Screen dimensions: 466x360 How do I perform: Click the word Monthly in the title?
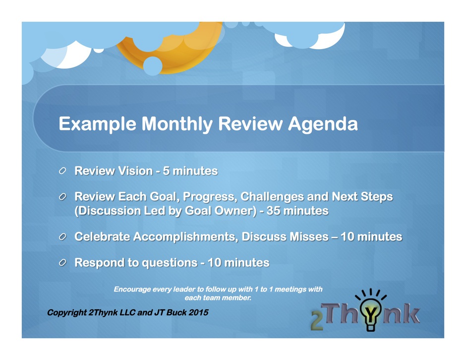coord(177,123)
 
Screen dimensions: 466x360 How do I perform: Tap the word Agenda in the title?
coord(323,124)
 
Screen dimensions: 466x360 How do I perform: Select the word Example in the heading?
coord(98,124)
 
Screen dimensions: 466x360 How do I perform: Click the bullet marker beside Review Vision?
coord(62,171)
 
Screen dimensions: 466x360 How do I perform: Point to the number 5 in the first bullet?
coord(166,171)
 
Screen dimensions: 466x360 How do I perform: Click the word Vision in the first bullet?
coord(135,171)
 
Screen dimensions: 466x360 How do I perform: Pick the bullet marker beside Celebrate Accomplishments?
coord(62,237)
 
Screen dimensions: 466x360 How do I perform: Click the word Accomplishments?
coord(185,237)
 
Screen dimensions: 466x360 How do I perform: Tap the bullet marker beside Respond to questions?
coord(62,262)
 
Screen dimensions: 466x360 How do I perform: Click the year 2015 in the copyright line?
coord(198,312)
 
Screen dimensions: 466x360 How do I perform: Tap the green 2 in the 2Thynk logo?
coord(317,321)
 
